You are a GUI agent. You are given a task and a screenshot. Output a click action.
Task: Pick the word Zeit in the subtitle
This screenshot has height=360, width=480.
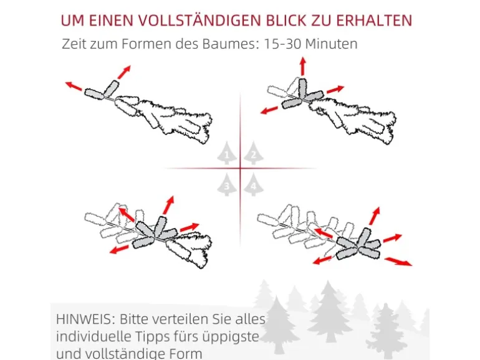[x=75, y=45]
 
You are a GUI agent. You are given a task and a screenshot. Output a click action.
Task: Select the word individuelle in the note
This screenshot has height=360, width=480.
[x=94, y=337]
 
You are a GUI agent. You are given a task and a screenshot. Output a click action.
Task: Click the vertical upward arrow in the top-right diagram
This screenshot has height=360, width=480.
[x=303, y=66]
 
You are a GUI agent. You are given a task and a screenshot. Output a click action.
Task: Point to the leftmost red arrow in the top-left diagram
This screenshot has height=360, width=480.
[x=74, y=87]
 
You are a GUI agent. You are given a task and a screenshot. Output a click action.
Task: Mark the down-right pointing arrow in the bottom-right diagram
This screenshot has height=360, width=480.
[x=398, y=260]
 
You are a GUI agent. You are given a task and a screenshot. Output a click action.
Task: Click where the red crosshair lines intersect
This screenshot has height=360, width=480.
[x=241, y=168]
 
